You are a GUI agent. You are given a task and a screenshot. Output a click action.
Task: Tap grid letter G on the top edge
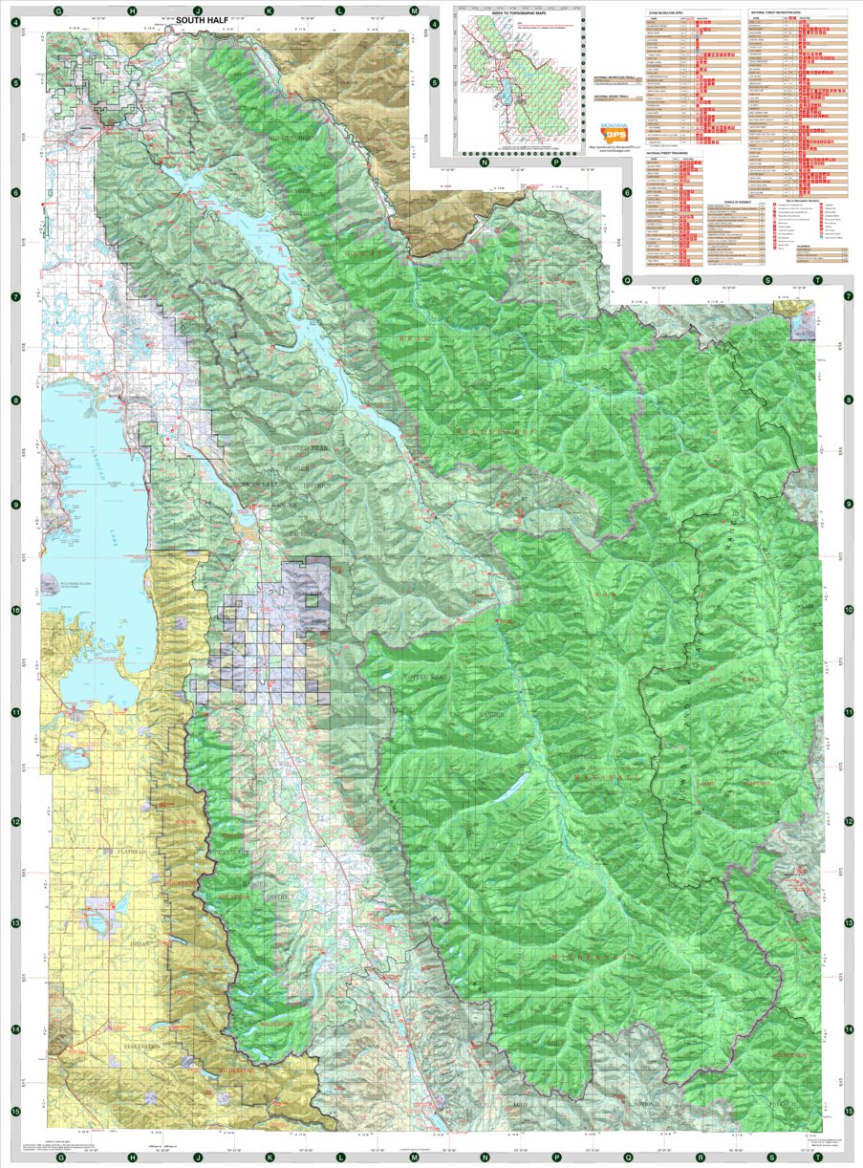tap(59, 10)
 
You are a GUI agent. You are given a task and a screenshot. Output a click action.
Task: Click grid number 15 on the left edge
tap(16, 1111)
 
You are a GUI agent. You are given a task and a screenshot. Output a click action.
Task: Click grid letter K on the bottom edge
tap(270, 1157)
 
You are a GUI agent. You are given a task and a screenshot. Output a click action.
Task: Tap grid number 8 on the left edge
tap(16, 400)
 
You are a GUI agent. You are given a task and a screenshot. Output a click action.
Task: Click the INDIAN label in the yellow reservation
tap(140, 943)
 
